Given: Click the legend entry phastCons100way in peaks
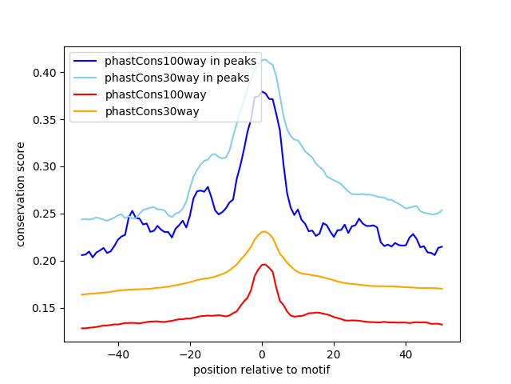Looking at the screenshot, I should (x=180, y=61).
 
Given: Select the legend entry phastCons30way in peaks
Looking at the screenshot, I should (x=176, y=78).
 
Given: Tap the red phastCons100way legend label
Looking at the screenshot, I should (x=156, y=94).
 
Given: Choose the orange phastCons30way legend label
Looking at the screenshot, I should (x=152, y=111).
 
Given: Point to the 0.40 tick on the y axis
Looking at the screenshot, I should (x=45, y=73).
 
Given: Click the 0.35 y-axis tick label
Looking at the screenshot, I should (x=45, y=120).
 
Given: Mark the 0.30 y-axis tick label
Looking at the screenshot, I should (x=45, y=166).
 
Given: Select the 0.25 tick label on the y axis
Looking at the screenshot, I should (x=45, y=214).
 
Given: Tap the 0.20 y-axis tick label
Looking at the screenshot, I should (x=45, y=261).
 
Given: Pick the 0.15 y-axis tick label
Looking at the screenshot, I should (x=45, y=308).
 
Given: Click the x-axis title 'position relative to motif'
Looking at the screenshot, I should (x=262, y=370).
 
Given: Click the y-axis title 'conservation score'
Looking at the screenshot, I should (x=21, y=194).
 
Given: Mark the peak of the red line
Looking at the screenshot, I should (x=263, y=264).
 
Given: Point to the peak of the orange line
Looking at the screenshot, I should (x=263, y=231).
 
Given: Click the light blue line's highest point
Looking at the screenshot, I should (x=263, y=58).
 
